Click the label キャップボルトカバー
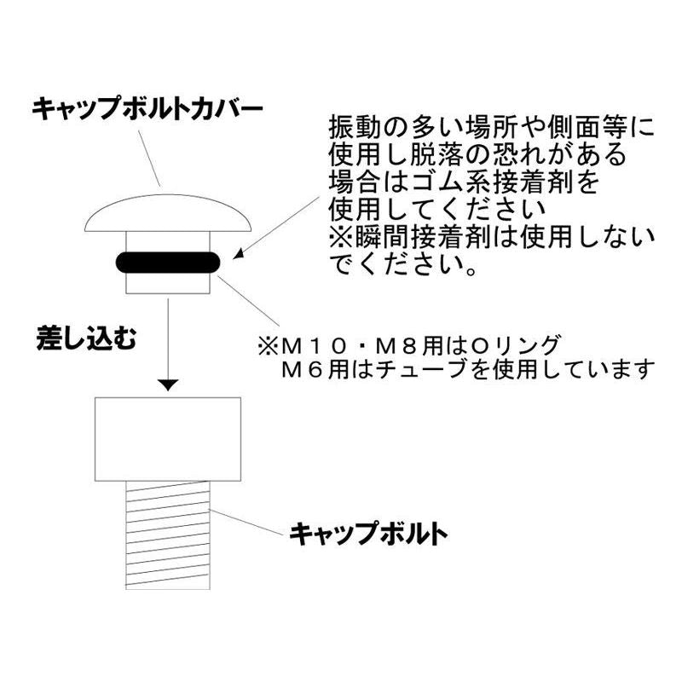[147, 108]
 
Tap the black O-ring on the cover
[168, 263]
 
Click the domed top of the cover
[168, 213]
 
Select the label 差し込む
[86, 338]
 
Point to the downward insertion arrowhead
[168, 385]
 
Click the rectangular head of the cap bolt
[168, 439]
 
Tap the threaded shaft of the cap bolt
[168, 535]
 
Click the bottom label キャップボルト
[368, 534]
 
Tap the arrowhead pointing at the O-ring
[239, 254]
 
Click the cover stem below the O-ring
[168, 283]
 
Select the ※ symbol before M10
[269, 347]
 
